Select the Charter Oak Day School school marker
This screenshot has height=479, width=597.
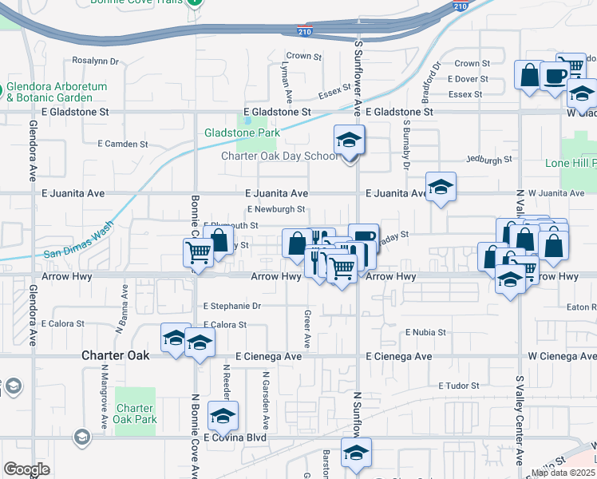[x=349, y=141]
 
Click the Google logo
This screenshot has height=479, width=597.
[x=26, y=469]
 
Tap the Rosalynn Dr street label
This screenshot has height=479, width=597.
[x=95, y=61]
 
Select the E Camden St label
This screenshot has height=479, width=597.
[x=123, y=144]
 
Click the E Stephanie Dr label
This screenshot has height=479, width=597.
[x=232, y=306]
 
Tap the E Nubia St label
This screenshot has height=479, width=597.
[x=425, y=331]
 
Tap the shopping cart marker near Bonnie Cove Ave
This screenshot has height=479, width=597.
[x=198, y=253]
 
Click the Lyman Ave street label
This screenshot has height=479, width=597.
[x=284, y=78]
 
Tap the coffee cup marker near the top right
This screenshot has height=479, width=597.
[x=555, y=75]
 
